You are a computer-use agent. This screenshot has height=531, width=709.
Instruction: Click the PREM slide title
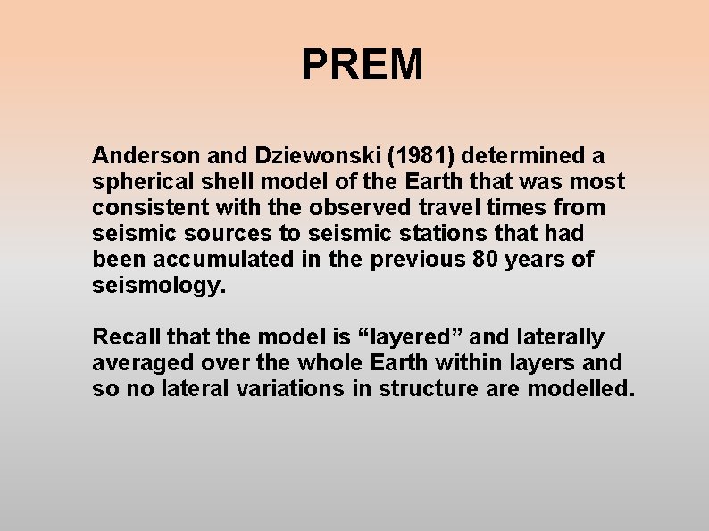[x=362, y=65]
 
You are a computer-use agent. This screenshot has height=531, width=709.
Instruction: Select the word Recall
[x=122, y=337]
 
